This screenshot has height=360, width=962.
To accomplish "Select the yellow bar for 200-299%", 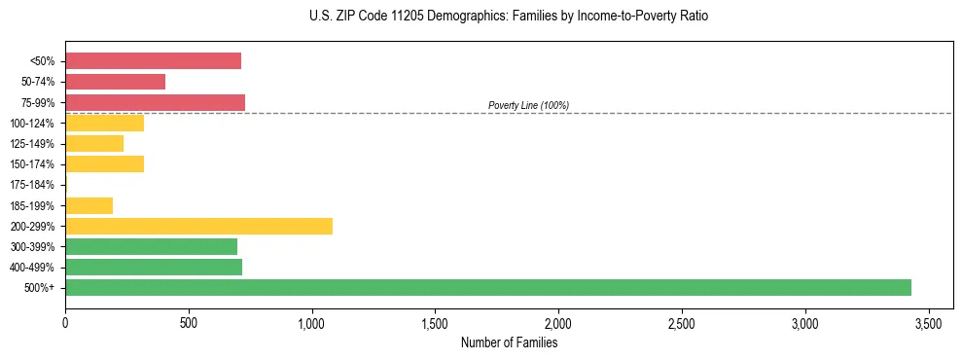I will (198, 226).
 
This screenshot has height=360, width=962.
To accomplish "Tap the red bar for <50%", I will (153, 61).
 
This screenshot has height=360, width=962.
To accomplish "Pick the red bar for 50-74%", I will (115, 82).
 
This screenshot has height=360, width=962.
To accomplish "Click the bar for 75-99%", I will (155, 102).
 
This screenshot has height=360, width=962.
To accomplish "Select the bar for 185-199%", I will (89, 205).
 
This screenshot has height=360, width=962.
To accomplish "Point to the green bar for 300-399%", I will (151, 246).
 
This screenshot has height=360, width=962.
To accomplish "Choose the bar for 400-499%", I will (154, 267).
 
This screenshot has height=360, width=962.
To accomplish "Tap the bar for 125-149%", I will (94, 144).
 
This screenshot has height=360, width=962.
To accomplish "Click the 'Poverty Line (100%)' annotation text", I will (528, 105).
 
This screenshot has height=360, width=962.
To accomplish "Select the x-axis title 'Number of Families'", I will (509, 342).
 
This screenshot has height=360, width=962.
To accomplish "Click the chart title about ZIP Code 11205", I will (509, 17).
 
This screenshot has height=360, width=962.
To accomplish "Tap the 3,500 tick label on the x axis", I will (929, 322).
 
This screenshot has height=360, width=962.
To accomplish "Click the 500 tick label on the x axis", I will (189, 322).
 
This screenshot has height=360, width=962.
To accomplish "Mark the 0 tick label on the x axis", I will (65, 322).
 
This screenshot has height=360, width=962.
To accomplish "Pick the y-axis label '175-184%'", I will (32, 185).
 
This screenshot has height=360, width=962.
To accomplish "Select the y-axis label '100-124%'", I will (32, 124).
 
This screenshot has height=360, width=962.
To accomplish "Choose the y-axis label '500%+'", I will (40, 288).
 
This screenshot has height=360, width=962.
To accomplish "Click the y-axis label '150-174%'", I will (32, 164).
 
